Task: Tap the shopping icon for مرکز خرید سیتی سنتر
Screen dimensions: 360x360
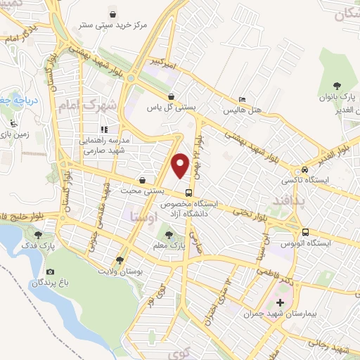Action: (x=112, y=13)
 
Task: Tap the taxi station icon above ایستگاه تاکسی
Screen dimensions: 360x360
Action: (x=304, y=169)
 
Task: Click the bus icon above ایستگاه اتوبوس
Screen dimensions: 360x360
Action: (x=304, y=232)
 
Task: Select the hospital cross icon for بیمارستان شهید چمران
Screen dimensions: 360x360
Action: (x=281, y=302)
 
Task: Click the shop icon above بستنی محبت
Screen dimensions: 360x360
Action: (x=143, y=179)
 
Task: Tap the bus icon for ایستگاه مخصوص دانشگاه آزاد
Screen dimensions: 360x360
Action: (x=188, y=193)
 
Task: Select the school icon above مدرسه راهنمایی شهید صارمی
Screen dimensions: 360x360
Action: (x=103, y=129)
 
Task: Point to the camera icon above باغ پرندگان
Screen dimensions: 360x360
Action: (x=49, y=271)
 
